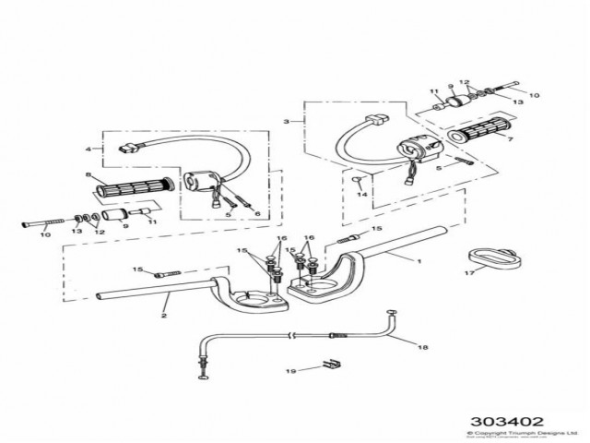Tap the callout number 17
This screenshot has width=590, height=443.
tap(469, 273)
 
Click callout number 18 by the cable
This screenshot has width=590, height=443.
tap(423, 348)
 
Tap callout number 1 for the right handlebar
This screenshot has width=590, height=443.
tap(418, 261)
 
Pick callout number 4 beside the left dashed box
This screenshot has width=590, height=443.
tap(88, 148)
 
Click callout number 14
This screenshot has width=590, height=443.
tap(362, 196)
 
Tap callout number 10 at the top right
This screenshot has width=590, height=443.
tap(534, 95)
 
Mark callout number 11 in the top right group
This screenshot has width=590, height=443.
tap(432, 92)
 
